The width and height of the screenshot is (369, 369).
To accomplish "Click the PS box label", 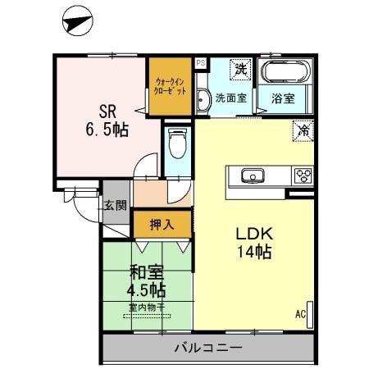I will (x=201, y=62).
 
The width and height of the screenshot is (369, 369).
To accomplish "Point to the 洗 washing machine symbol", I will (x=240, y=70).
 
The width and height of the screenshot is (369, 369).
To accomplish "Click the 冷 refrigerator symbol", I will (x=303, y=130).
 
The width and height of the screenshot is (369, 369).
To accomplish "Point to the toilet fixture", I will (x=175, y=148).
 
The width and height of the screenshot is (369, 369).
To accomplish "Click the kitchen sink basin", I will (x=251, y=175).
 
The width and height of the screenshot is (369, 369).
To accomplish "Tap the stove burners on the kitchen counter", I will (x=303, y=175).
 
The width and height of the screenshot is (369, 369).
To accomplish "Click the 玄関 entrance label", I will (x=115, y=206).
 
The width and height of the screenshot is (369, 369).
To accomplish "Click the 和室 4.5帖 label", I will (x=146, y=282).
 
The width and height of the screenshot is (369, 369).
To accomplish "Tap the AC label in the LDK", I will (x=301, y=313).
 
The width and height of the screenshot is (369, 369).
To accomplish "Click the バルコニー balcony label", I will (x=207, y=348).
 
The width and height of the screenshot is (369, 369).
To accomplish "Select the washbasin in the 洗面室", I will (x=203, y=99).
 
